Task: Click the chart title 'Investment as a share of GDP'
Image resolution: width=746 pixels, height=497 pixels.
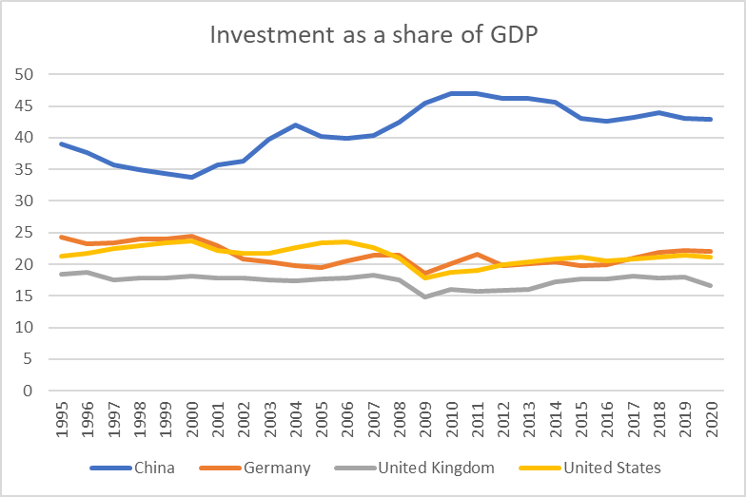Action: (x=374, y=35)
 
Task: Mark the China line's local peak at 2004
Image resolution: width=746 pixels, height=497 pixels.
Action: (x=295, y=124)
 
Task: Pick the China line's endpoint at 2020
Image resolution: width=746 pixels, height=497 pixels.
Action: (x=710, y=119)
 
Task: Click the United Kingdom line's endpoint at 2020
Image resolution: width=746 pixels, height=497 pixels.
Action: (x=710, y=285)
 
